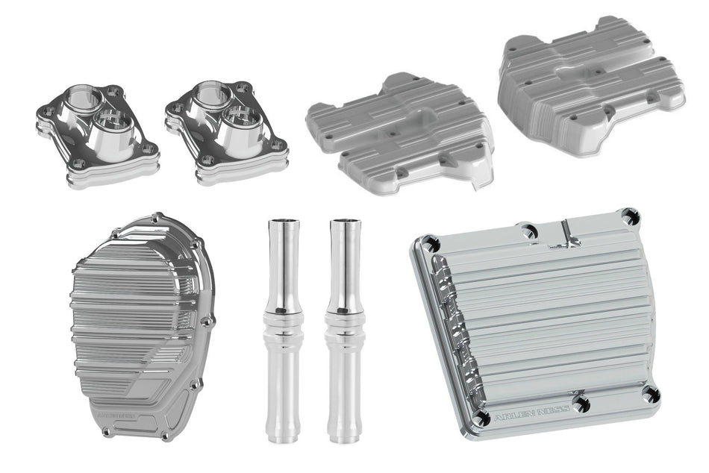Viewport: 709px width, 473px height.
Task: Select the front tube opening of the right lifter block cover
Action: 243,118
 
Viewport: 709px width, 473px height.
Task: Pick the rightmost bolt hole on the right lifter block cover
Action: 282,144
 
